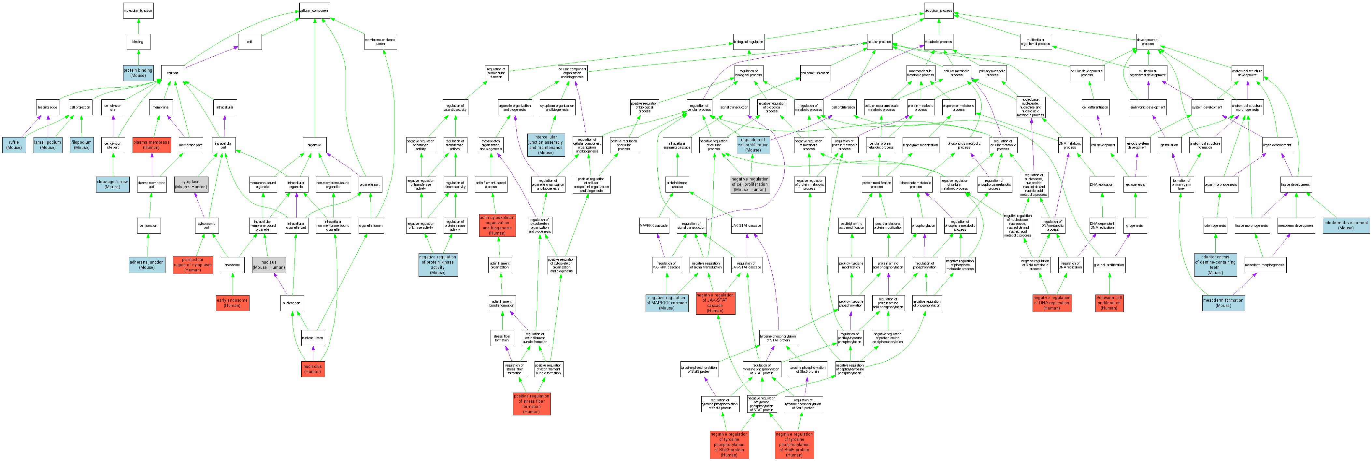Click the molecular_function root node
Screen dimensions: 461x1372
coord(138,11)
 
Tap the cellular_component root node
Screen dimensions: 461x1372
coord(314,11)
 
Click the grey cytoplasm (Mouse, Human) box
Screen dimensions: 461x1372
coord(191,184)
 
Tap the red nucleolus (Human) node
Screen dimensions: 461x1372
coord(313,369)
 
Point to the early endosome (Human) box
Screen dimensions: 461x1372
coord(232,303)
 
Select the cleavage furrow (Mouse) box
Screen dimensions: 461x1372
coord(112,184)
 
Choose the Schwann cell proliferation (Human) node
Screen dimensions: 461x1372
coord(1109,303)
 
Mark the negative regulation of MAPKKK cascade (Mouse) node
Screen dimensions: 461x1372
coord(666,303)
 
